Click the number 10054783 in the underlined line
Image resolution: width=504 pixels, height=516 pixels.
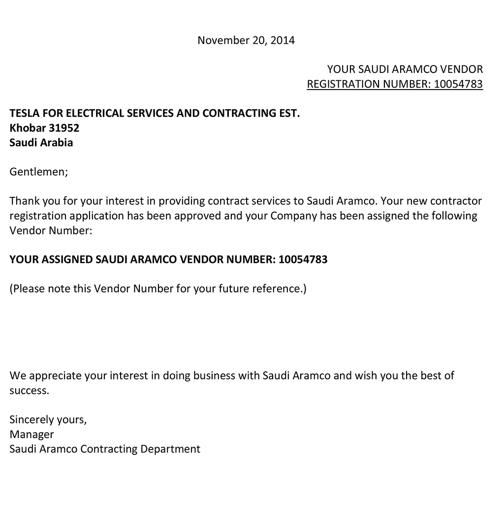tap(458, 84)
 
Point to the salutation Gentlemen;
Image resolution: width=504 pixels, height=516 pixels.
tap(38, 172)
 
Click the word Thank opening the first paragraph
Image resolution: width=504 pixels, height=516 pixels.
tap(24, 201)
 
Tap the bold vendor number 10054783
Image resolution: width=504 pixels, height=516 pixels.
tap(303, 259)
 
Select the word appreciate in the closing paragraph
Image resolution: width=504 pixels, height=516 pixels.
tap(55, 376)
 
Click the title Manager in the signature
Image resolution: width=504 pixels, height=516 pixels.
tap(31, 434)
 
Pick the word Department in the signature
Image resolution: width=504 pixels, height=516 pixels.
tap(170, 449)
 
